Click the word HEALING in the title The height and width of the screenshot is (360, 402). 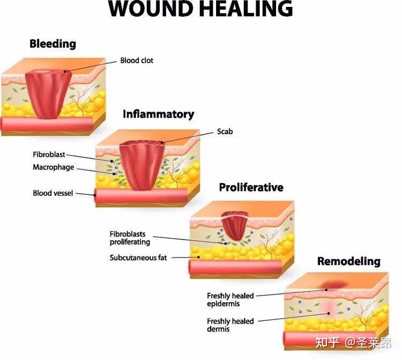(246, 9)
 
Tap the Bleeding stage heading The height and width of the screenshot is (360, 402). (53, 44)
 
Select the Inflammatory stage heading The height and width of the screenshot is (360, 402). (159, 114)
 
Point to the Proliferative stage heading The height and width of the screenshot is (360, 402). (251, 187)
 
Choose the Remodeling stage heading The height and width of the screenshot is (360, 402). (349, 261)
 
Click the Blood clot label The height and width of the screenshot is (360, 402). (137, 61)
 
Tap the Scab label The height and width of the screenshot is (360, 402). (225, 131)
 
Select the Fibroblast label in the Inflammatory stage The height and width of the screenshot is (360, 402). (49, 155)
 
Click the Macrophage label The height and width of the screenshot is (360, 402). (53, 167)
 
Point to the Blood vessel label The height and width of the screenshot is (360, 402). (53, 193)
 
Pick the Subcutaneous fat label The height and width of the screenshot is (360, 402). (138, 258)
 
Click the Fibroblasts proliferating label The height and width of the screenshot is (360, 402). (130, 238)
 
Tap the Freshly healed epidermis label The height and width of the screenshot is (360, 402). (230, 300)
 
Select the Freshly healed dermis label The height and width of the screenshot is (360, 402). (230, 325)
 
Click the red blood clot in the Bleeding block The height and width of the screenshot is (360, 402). (48, 94)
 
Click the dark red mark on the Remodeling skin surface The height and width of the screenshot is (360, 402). (334, 284)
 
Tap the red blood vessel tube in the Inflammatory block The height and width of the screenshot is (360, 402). (140, 195)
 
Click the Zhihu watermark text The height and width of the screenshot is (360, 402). (353, 343)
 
